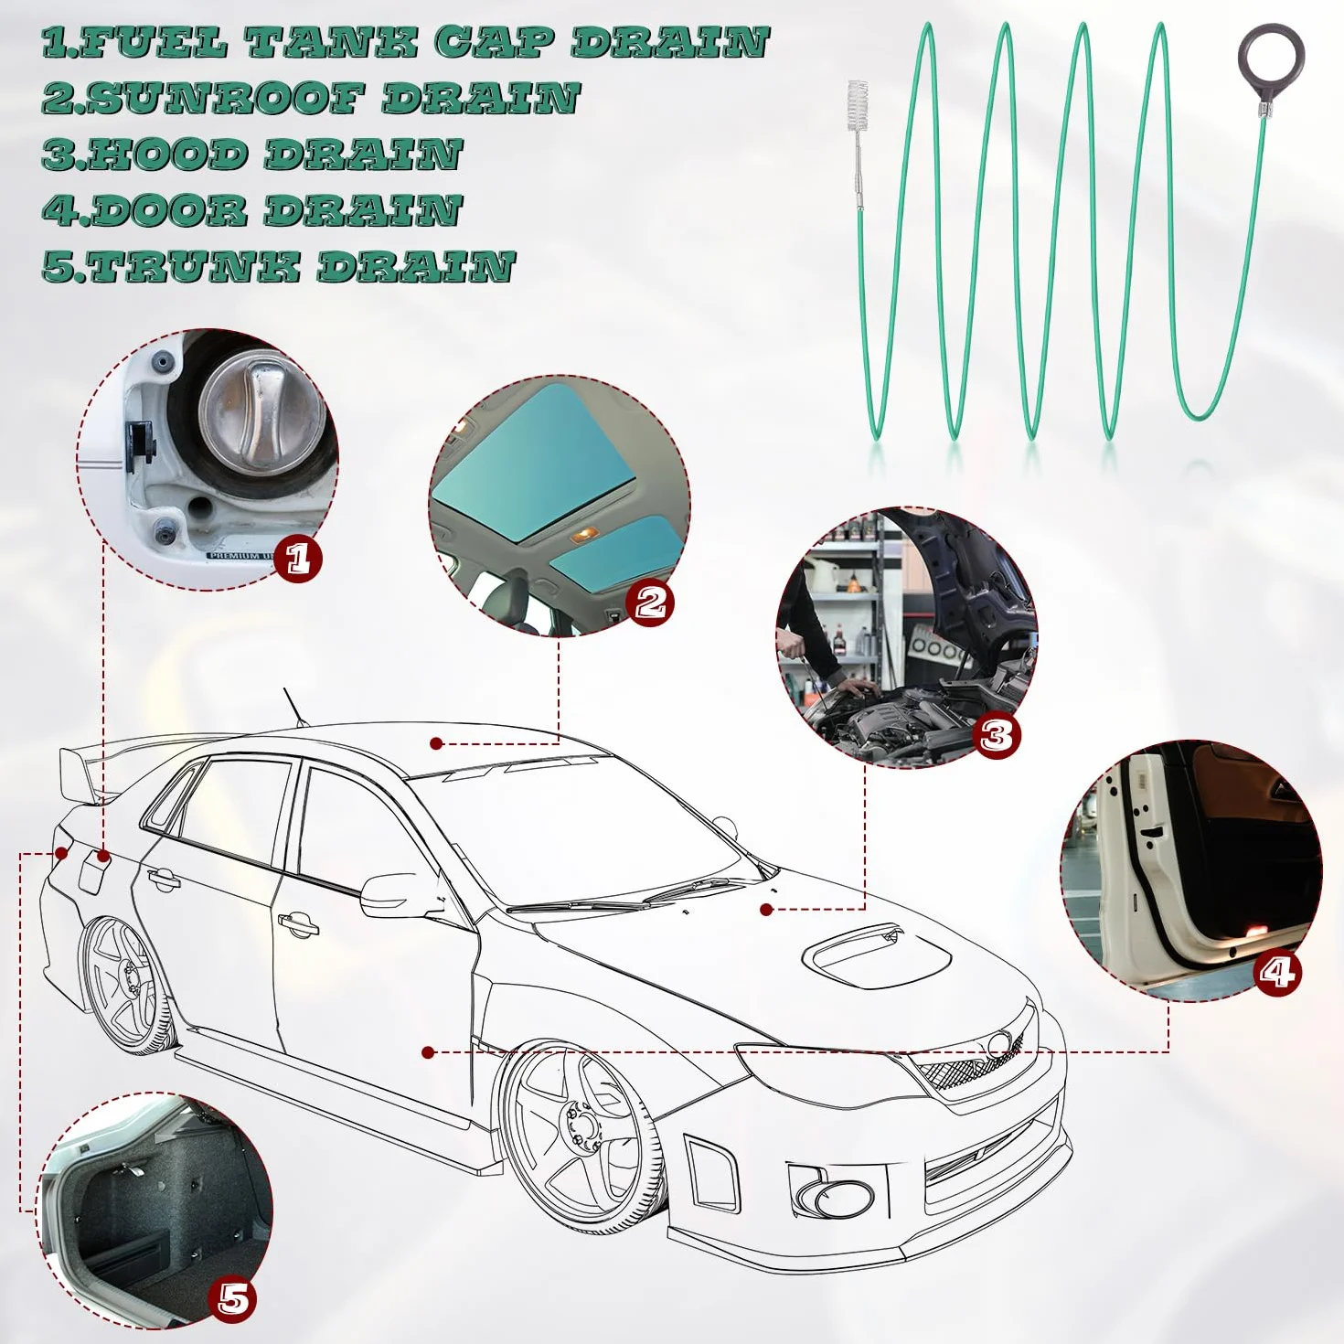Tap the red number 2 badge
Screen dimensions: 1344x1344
(x=650, y=602)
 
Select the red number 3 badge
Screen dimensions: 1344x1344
(x=996, y=734)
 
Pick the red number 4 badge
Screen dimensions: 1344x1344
(x=1278, y=971)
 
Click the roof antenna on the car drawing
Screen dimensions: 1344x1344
(x=295, y=708)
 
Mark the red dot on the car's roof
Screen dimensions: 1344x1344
(x=437, y=743)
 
